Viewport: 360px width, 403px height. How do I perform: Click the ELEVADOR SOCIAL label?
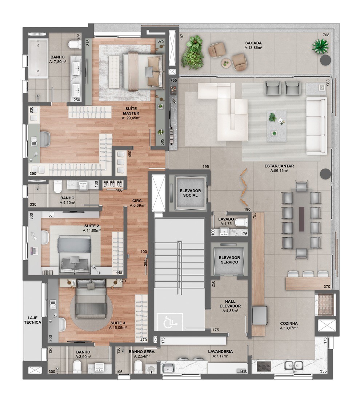[x=190, y=193]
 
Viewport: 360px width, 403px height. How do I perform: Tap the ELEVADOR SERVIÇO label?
[x=229, y=260]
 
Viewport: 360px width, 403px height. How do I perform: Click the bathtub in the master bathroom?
[x=38, y=59]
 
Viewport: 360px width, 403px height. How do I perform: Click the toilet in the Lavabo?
[x=241, y=222]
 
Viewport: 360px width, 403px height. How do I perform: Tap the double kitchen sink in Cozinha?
[x=294, y=365]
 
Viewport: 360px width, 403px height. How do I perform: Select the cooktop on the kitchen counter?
[x=264, y=366]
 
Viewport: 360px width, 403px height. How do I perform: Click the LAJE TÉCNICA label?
[x=33, y=320]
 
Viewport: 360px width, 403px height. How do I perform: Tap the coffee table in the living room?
[x=276, y=126]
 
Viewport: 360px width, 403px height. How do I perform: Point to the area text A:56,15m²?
[x=279, y=170]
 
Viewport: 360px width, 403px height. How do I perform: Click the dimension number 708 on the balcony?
[x=326, y=35]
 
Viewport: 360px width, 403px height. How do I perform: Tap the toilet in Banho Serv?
[x=138, y=367]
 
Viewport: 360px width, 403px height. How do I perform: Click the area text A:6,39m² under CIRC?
[x=137, y=205]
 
